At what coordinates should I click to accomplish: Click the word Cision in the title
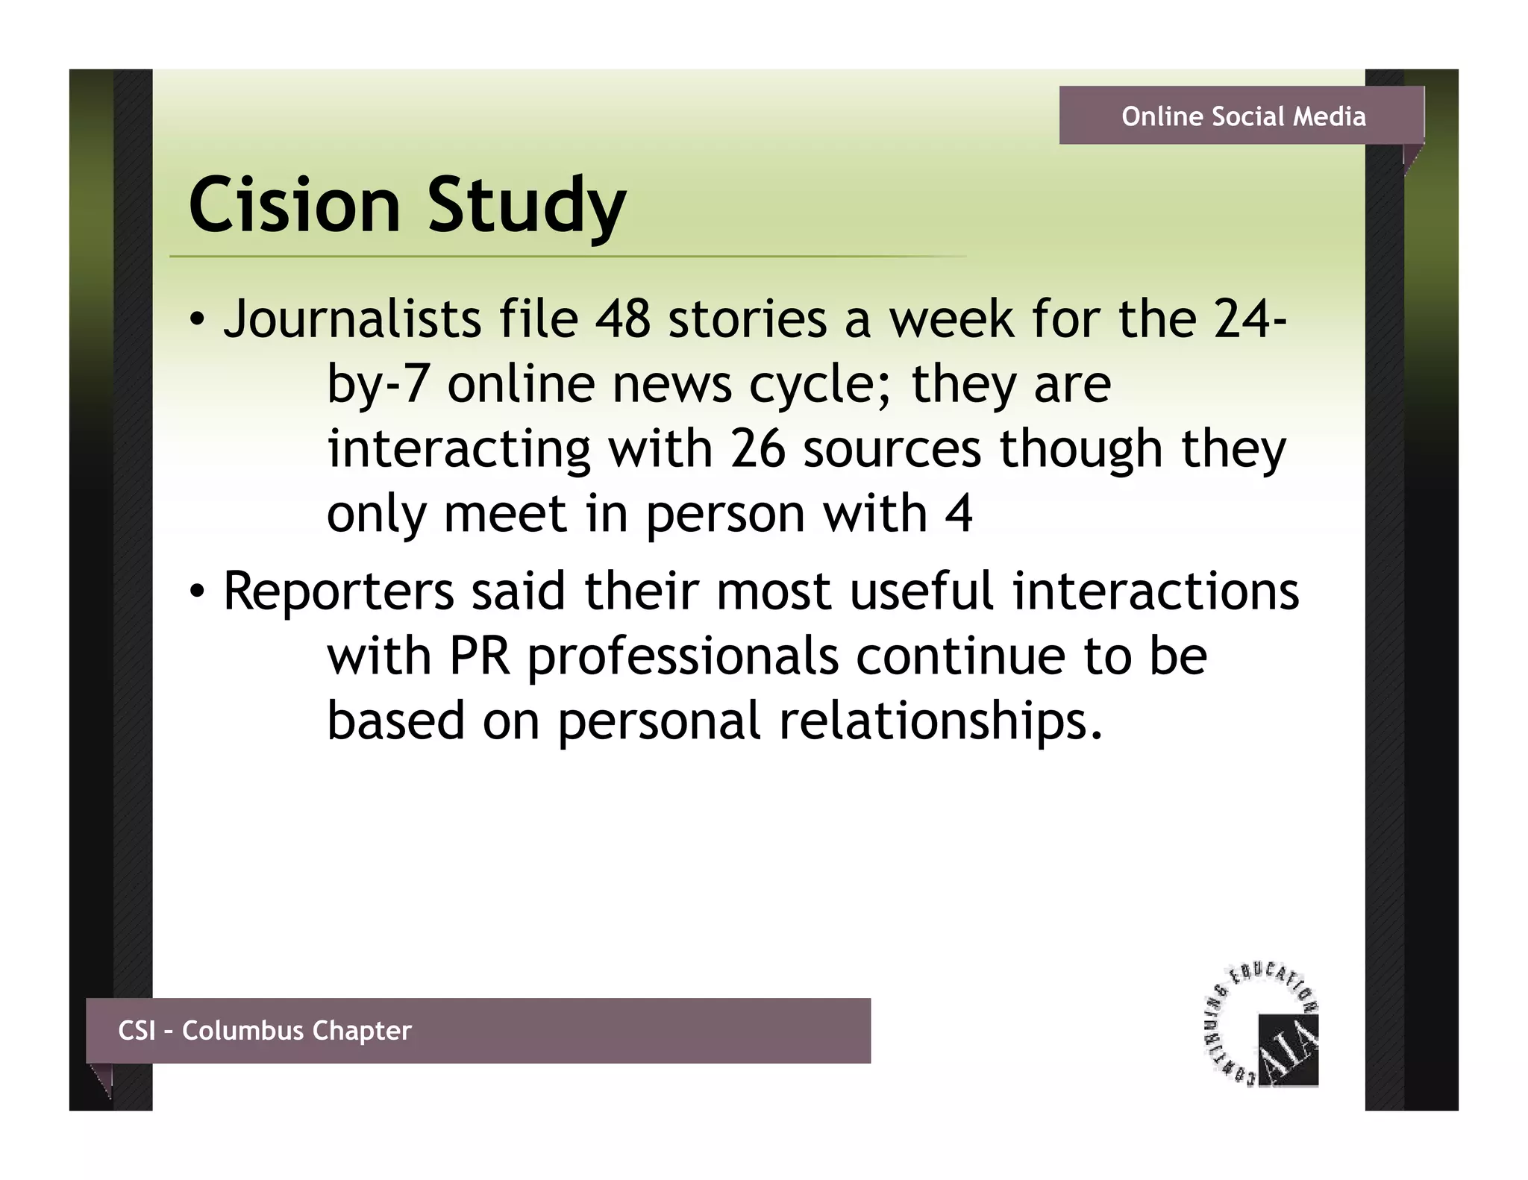coord(295,205)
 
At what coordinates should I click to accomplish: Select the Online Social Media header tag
coord(1243,116)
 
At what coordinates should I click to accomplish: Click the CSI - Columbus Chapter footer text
coord(265,1031)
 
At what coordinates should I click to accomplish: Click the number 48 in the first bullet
coord(622,319)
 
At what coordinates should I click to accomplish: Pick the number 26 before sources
coord(757,449)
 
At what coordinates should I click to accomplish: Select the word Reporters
coord(339,592)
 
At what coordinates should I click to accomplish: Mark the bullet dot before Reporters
coord(195,592)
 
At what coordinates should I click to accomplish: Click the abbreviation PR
coord(480,657)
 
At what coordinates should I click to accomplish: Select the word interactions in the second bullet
coord(1155,592)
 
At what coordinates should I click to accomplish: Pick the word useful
coord(921,592)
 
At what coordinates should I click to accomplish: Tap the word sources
coord(892,451)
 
